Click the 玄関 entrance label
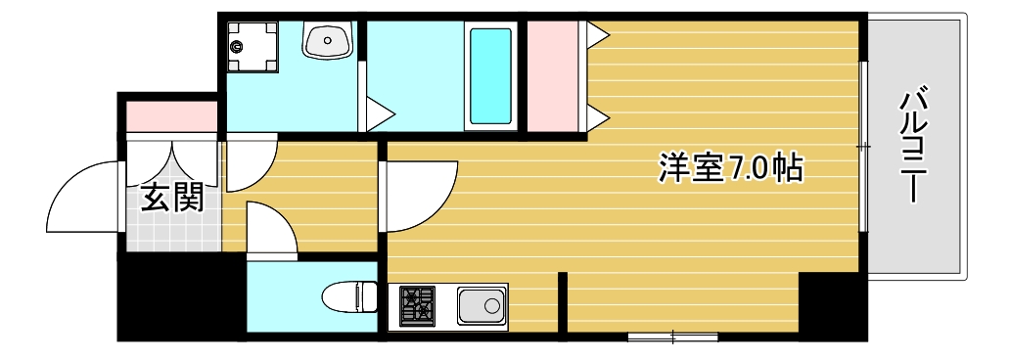tap(172, 199)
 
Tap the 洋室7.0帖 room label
tap(729, 168)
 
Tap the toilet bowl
tap(347, 296)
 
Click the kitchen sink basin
tap(482, 308)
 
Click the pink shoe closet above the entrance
tap(171, 115)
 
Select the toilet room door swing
tap(270, 229)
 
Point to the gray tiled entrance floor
tap(171, 233)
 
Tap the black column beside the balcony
tap(832, 304)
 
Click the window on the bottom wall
tap(673, 337)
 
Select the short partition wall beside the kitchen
tap(563, 303)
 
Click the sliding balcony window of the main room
tap(862, 147)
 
